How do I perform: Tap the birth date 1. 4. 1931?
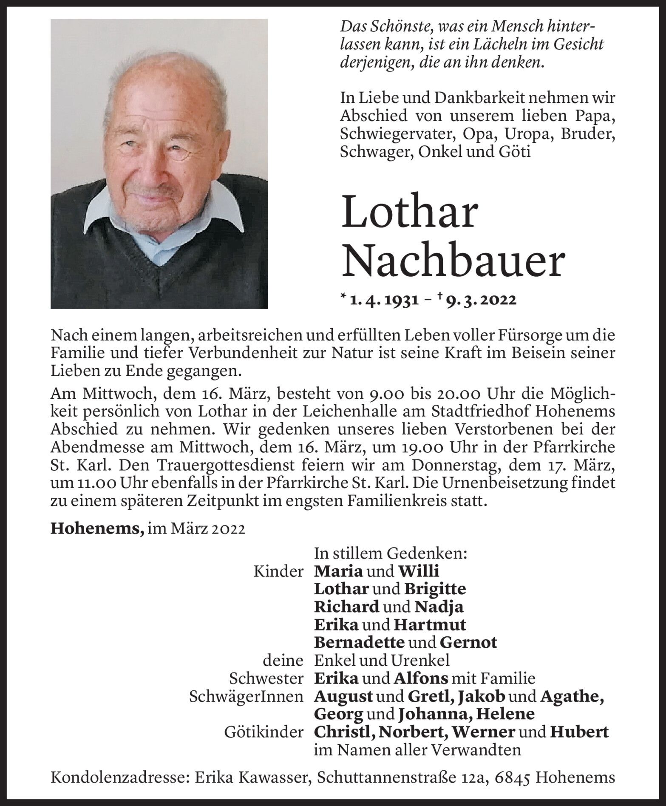[382, 300]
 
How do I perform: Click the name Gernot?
[468, 642]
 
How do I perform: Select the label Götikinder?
[264, 731]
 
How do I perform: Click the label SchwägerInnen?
[246, 696]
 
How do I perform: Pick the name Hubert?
[579, 731]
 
